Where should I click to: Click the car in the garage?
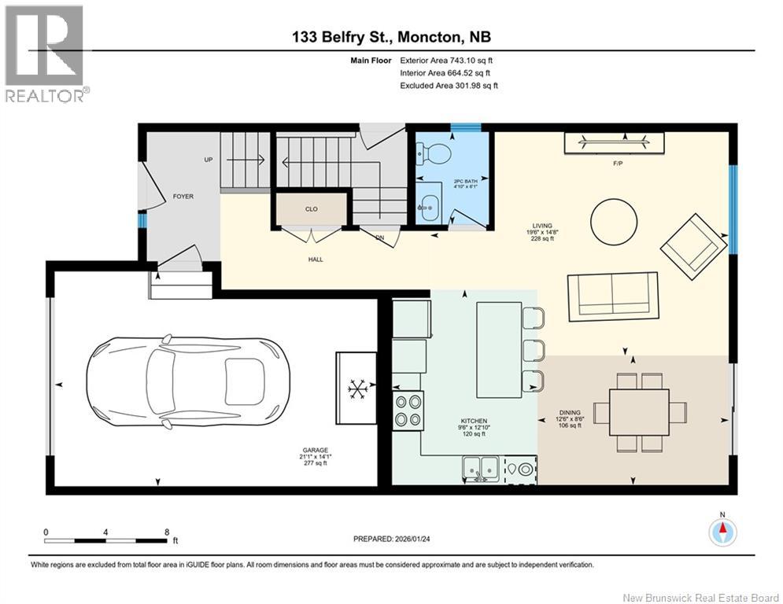[x=188, y=381]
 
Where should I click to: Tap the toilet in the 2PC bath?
[x=434, y=152]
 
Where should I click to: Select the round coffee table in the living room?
[x=614, y=222]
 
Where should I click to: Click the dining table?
[x=639, y=412]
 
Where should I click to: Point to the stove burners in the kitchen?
[x=408, y=411]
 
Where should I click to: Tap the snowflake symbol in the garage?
[x=357, y=389]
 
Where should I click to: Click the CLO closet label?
[x=311, y=209]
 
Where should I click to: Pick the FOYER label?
[x=183, y=197]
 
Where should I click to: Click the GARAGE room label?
[x=315, y=450]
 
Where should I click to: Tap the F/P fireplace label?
[x=619, y=164]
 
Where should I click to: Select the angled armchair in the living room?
[x=693, y=247]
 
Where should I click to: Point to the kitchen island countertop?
[x=500, y=350]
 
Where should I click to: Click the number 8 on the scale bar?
[x=167, y=532]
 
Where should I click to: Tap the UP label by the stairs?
[x=209, y=160]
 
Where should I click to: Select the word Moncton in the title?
[x=429, y=37]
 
